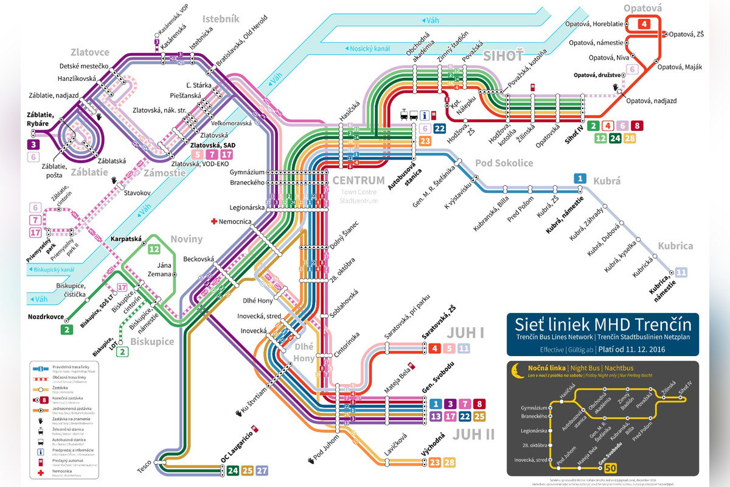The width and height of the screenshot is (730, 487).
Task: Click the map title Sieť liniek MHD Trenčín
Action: tap(599, 323)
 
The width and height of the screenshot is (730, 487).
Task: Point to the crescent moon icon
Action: tap(516, 369)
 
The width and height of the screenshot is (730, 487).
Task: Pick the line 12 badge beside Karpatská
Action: tap(154, 248)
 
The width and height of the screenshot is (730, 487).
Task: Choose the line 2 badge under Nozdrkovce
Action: tap(66, 329)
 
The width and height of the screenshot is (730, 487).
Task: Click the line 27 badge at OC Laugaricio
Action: tap(262, 471)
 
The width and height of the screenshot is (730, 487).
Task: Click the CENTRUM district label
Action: tap(358, 180)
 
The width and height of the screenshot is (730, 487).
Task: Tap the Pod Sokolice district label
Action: tap(504, 163)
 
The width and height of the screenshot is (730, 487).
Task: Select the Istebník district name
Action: tap(221, 19)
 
